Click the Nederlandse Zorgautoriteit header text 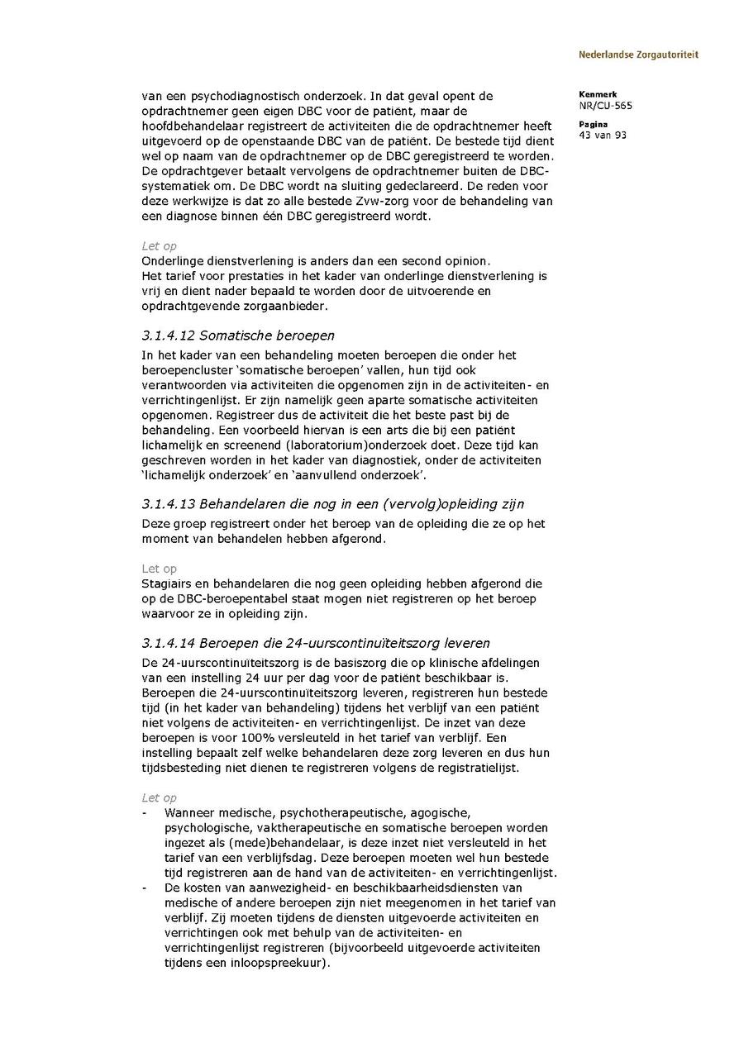pyautogui.click(x=638, y=55)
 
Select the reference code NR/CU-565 pyautogui.click(x=606, y=106)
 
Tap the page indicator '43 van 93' pyautogui.click(x=603, y=136)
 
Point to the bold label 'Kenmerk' pyautogui.click(x=597, y=94)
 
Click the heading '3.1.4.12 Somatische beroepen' pyautogui.click(x=237, y=336)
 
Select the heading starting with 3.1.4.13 pyautogui.click(x=332, y=504)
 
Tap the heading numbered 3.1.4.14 pyautogui.click(x=315, y=643)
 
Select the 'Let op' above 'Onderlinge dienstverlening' pyautogui.click(x=159, y=246)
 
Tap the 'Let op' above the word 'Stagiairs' pyautogui.click(x=159, y=569)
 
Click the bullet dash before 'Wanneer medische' pyautogui.click(x=145, y=813)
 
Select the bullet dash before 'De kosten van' pyautogui.click(x=145, y=888)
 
